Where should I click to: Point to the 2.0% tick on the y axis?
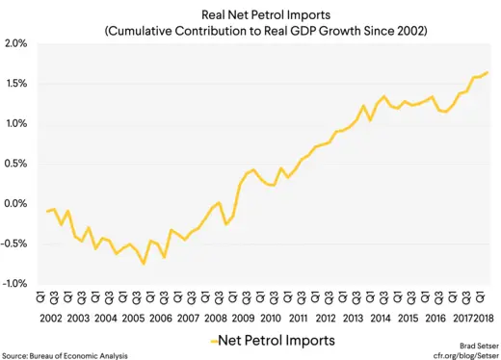coord(15,44)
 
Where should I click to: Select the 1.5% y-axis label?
coord(15,84)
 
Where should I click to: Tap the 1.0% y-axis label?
coord(15,124)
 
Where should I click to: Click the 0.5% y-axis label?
coord(15,164)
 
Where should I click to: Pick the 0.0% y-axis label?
coord(15,204)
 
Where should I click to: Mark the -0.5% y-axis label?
coord(14,244)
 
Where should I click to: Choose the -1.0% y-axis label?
coord(14,284)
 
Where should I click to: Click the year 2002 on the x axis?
coord(51,318)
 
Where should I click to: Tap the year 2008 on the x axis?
coord(216,318)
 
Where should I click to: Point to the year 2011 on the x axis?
coord(299,318)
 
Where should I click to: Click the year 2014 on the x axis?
coord(382,318)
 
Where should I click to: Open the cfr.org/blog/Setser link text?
coord(463,355)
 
